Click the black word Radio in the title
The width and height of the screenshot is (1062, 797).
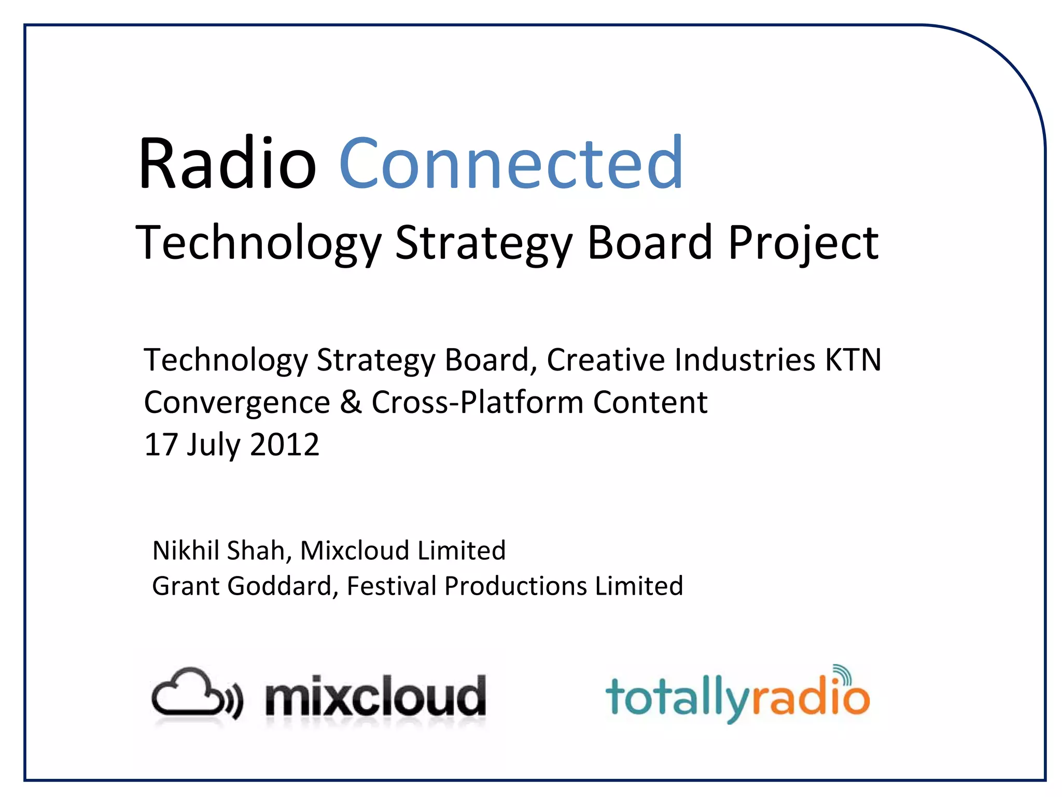tap(227, 163)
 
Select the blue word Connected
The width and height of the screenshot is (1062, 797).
tap(511, 163)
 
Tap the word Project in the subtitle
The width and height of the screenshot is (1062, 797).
tap(803, 244)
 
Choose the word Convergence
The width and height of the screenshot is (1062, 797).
tap(237, 403)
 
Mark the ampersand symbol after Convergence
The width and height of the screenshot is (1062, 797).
tap(351, 402)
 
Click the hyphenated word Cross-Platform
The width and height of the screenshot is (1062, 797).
tap(477, 402)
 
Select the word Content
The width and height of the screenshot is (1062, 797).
tap(650, 402)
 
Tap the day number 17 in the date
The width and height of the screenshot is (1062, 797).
tap(161, 445)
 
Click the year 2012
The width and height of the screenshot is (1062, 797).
tap(284, 445)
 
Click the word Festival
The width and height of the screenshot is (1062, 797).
tap(392, 586)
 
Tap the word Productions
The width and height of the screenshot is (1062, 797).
tap(515, 586)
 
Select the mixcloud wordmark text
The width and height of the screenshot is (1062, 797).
tap(375, 697)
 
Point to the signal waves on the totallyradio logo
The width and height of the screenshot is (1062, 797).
tap(843, 675)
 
